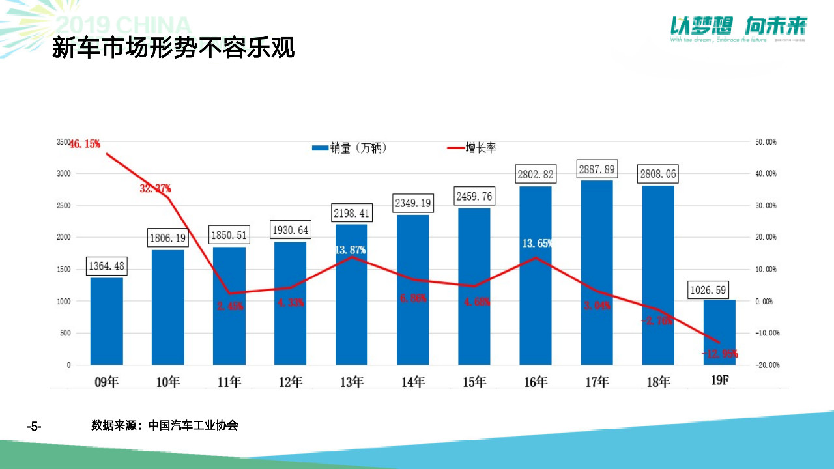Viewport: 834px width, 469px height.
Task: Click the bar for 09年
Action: coord(106,321)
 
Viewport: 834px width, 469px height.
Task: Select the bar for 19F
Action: coord(719,332)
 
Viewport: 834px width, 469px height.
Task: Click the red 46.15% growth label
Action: coord(84,144)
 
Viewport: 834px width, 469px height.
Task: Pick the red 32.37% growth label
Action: coord(155,189)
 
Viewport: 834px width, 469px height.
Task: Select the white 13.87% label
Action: coord(351,250)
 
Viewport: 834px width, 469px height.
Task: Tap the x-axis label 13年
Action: coord(352,382)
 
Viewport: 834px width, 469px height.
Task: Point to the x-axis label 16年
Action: coord(536,382)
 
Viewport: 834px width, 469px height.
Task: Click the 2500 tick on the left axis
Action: coord(63,206)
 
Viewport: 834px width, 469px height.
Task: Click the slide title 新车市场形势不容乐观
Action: coord(173,48)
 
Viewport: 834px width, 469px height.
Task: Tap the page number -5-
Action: coord(34,427)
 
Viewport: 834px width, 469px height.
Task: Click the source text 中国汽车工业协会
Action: coord(193,426)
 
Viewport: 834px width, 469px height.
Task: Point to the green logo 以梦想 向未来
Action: coord(738,26)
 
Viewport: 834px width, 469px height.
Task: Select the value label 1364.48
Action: coord(106,266)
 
